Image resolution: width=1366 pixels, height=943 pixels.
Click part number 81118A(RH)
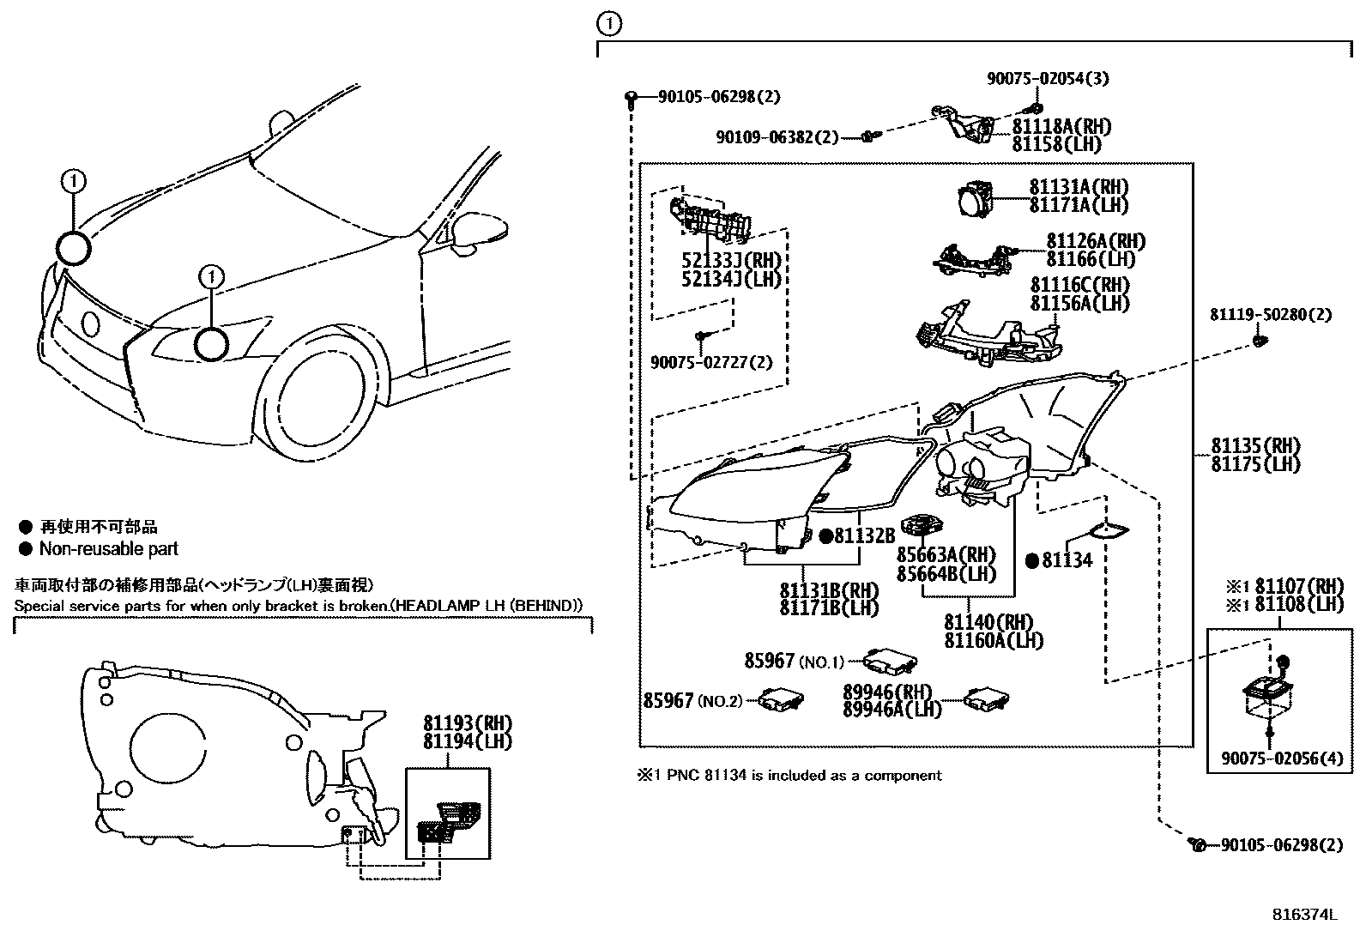coord(1061,127)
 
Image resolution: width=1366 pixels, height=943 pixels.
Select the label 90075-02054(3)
coord(1047,78)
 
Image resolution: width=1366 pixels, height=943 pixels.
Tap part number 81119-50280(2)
coord(1271,315)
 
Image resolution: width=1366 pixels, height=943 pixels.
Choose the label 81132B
coord(864,536)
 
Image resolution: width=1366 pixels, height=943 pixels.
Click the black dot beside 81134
coord(1032,561)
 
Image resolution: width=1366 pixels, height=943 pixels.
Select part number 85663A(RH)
coord(946,555)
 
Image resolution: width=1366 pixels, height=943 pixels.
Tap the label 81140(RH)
coord(988,622)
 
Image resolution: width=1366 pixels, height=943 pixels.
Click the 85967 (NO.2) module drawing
coord(780,700)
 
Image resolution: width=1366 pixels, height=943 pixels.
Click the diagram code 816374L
coord(1304,915)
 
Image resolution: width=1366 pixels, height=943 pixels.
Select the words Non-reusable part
coord(109,549)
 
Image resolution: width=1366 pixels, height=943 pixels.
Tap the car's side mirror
coord(478,232)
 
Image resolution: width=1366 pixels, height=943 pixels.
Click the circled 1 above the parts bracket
coord(607,24)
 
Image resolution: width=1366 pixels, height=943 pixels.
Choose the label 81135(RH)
coord(1255,446)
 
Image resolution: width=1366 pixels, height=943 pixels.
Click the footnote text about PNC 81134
coord(789,776)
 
